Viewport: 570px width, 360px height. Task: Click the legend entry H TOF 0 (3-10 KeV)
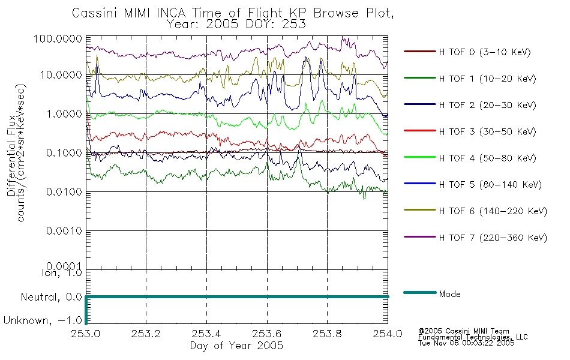tap(485, 52)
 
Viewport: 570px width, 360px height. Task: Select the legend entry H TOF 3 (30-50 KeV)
tap(487, 131)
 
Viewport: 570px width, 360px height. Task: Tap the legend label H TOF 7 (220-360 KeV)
tap(493, 238)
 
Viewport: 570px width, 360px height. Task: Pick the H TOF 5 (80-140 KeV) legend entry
tap(490, 185)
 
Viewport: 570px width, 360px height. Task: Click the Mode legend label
tap(449, 294)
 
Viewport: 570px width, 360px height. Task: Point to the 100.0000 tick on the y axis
tap(58, 38)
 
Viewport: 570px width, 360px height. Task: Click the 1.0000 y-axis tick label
tap(64, 114)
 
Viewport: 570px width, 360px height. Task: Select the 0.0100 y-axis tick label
tap(64, 191)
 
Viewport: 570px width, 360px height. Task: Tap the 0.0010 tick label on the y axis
tap(64, 231)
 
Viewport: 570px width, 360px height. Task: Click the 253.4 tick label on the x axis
tap(206, 334)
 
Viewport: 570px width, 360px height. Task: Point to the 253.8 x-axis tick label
tap(327, 334)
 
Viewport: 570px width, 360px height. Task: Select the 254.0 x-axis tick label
tap(388, 334)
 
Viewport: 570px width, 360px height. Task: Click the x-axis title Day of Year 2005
tap(236, 346)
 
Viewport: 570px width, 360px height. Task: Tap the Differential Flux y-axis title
tap(11, 155)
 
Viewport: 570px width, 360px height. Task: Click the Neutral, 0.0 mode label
tap(51, 297)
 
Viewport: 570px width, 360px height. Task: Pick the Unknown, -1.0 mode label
tap(43, 320)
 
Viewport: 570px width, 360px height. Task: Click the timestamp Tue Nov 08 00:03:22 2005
tap(466, 343)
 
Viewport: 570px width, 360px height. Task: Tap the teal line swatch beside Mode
tap(420, 292)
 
